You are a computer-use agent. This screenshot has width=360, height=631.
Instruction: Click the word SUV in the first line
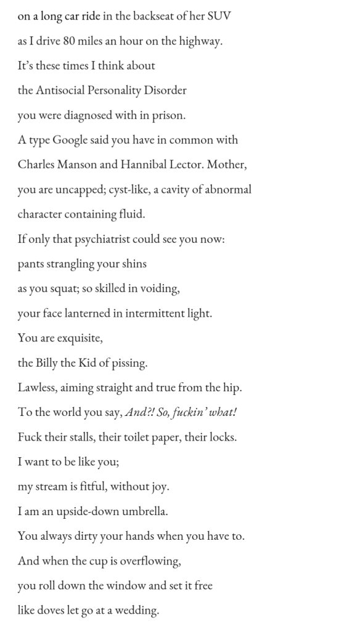point(218,16)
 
